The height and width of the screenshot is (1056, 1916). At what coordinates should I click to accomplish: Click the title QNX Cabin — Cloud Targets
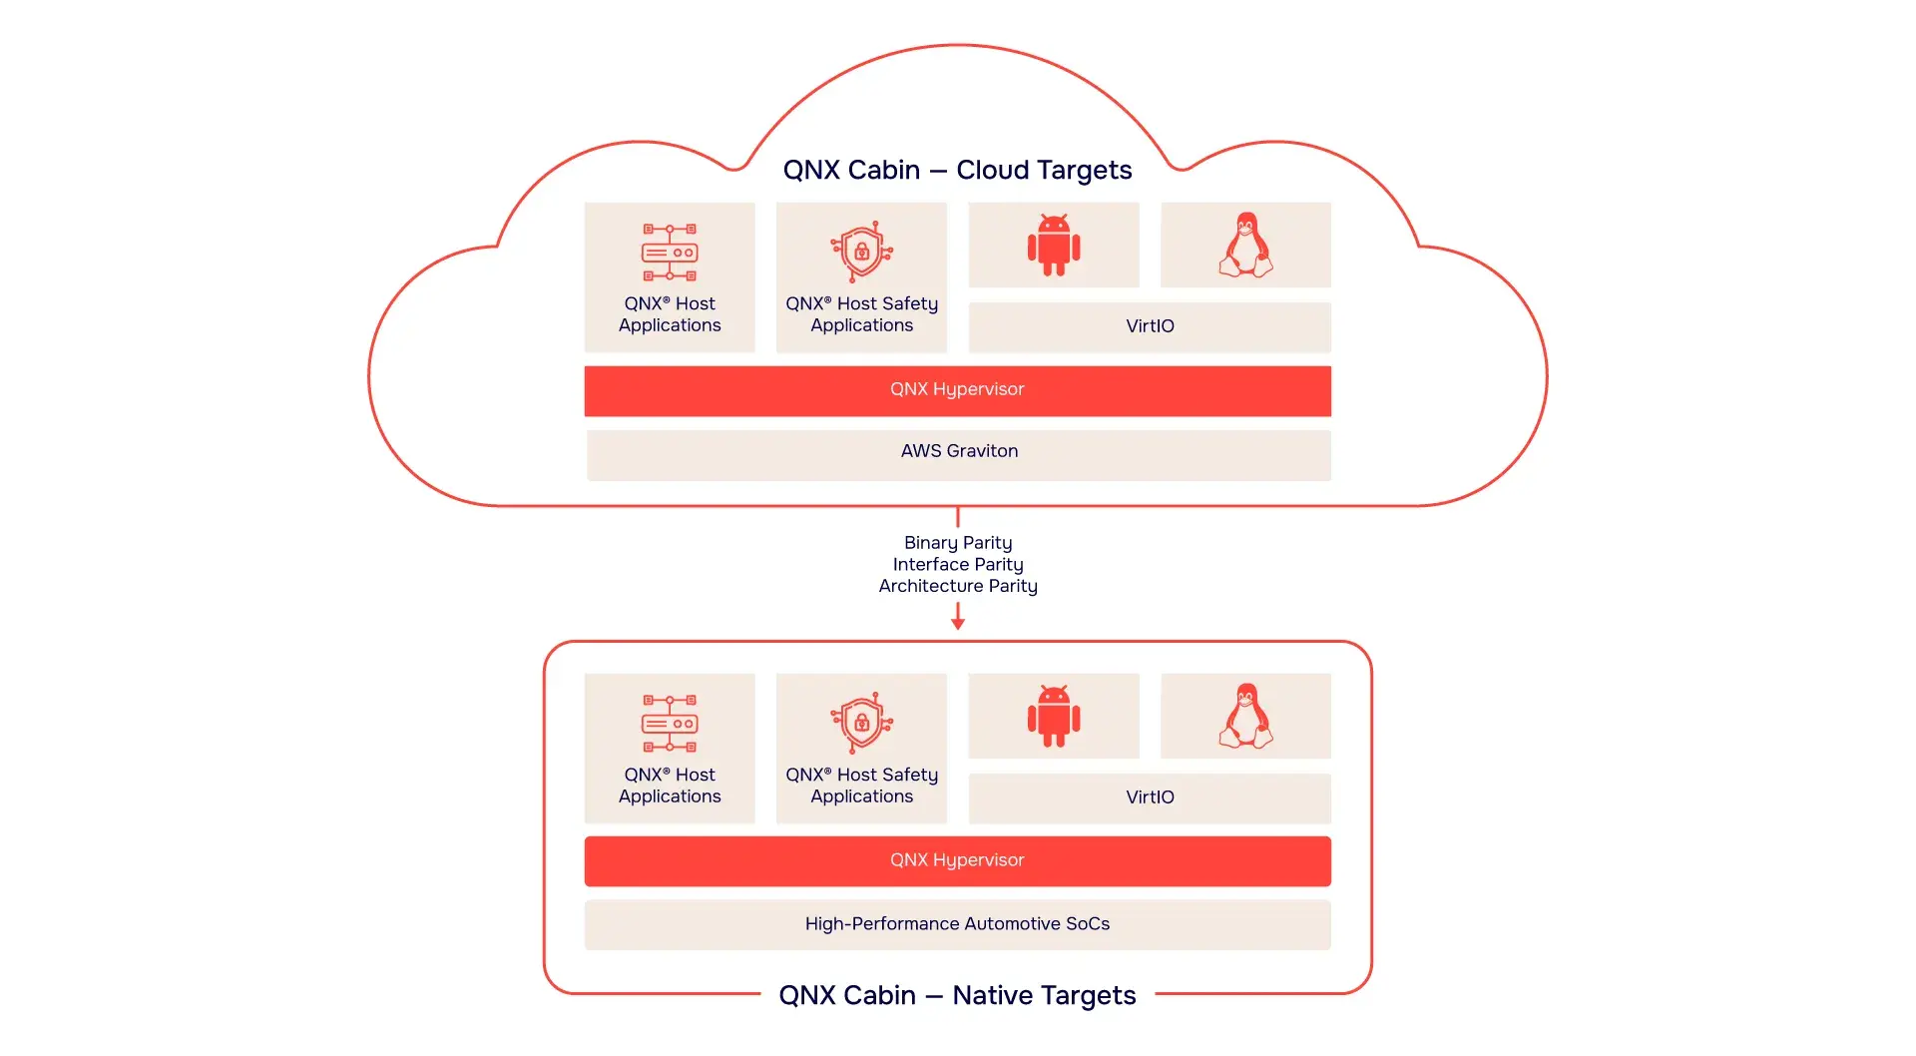pyautogui.click(x=957, y=170)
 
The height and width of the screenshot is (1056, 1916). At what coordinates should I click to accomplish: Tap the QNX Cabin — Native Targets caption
pyautogui.click(x=957, y=995)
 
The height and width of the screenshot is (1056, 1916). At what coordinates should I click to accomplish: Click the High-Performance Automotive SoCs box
pyautogui.click(x=957, y=924)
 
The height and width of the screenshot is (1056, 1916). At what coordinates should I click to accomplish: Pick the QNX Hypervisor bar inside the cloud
pyautogui.click(x=957, y=390)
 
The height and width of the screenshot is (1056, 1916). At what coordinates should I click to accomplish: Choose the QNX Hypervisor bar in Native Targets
pyautogui.click(x=957, y=861)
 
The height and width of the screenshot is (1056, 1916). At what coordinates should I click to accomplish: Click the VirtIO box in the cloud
pyautogui.click(x=1150, y=326)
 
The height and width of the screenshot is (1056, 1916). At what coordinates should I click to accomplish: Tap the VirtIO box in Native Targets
pyautogui.click(x=1150, y=797)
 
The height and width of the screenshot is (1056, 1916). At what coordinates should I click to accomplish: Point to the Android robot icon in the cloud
pyautogui.click(x=1054, y=245)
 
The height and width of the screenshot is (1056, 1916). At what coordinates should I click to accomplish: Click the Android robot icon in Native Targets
pyautogui.click(x=1054, y=716)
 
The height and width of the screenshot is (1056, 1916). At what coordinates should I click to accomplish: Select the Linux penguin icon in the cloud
pyautogui.click(x=1245, y=245)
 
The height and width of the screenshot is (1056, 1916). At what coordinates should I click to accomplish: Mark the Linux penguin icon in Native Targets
pyautogui.click(x=1245, y=716)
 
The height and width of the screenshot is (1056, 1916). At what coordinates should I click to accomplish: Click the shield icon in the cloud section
pyautogui.click(x=861, y=252)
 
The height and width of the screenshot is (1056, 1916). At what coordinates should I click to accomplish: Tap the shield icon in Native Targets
pyautogui.click(x=861, y=723)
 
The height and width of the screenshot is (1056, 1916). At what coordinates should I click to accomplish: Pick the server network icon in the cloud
pyautogui.click(x=670, y=252)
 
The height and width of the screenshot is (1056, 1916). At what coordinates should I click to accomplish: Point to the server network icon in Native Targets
pyautogui.click(x=670, y=723)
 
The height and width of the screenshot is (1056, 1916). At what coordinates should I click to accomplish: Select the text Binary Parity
pyautogui.click(x=958, y=543)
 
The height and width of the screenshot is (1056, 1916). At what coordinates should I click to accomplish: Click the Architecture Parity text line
pyautogui.click(x=958, y=586)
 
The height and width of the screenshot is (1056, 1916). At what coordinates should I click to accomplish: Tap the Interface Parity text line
pyautogui.click(x=958, y=564)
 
